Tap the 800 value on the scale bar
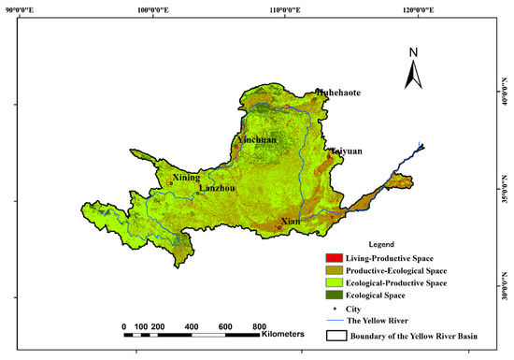(x=257, y=326)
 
